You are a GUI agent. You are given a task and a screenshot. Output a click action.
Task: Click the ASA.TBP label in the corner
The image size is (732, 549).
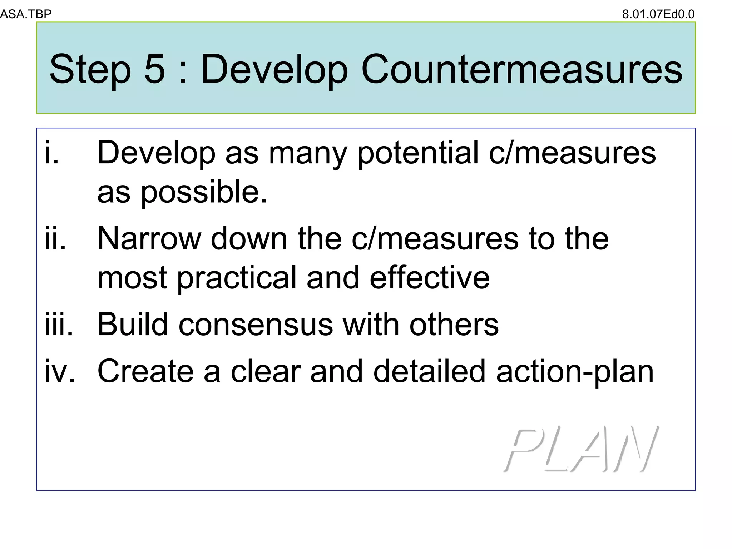coord(26,14)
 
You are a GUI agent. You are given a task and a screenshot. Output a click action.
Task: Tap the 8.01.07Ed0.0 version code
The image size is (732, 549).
coord(658,14)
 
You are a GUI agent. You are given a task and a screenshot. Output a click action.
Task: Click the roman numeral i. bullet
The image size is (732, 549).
coord(52,153)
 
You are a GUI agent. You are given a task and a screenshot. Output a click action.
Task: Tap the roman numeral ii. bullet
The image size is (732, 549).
coord(55,239)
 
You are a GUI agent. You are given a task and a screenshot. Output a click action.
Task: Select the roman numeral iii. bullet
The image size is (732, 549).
coord(59,325)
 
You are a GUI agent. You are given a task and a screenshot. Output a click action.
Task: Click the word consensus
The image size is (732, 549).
coord(256,325)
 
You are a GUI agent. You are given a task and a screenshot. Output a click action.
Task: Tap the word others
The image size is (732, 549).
coord(454,325)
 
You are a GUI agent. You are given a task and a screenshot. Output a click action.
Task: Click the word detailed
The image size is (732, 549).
coord(429,372)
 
